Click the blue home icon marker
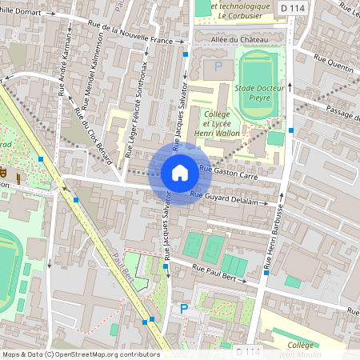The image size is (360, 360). [x=180, y=172]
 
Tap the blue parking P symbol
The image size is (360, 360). [x=183, y=308]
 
